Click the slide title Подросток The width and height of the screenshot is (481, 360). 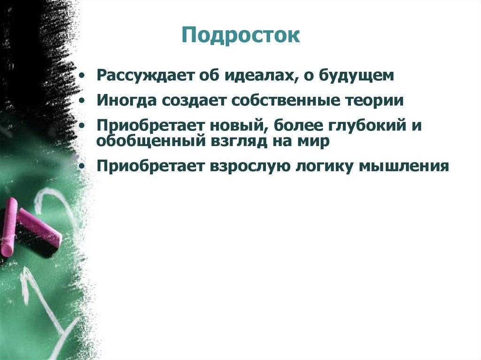pyautogui.click(x=240, y=36)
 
